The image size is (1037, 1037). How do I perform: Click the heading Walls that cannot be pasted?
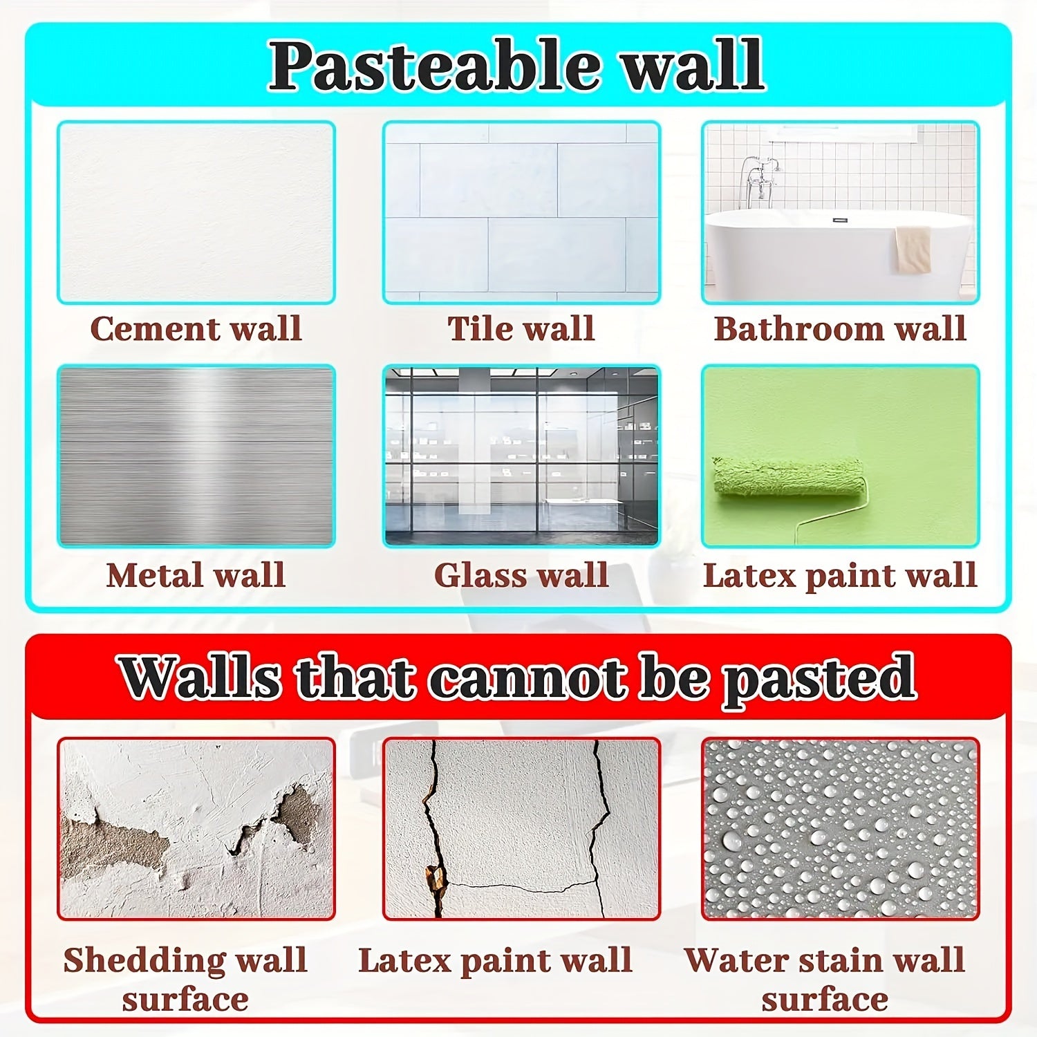point(518,678)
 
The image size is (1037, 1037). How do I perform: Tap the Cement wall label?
point(196,328)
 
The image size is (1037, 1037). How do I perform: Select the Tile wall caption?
point(521,328)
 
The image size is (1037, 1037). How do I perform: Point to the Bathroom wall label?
point(840,328)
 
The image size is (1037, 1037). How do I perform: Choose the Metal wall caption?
point(196,575)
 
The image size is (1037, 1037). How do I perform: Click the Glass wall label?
point(521,575)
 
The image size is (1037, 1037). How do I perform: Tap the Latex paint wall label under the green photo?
point(840,575)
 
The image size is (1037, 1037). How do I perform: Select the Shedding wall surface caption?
point(185,979)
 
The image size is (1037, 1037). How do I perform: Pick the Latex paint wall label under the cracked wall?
point(495,960)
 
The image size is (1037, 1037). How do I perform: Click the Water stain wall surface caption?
point(825,979)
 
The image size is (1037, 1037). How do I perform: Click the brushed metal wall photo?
point(196,456)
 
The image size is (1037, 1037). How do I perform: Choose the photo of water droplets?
point(840,828)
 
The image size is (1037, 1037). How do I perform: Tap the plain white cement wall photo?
point(196,212)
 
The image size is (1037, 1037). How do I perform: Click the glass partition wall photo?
point(521,456)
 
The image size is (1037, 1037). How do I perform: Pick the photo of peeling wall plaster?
point(196,828)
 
